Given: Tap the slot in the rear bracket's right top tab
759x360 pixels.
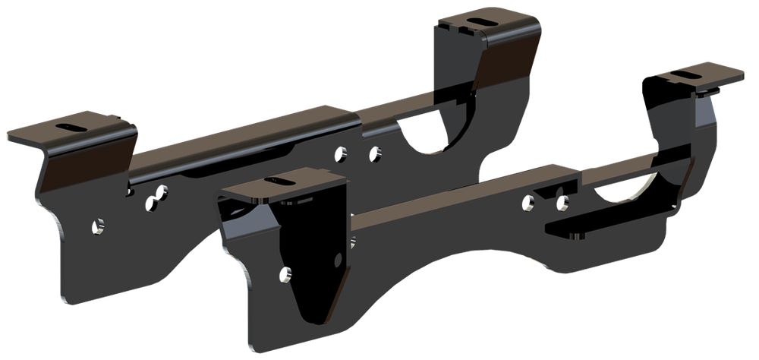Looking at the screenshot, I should point(480,20).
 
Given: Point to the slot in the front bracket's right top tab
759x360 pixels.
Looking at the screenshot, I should point(685,74).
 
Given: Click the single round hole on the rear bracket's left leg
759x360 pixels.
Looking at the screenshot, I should point(98,226).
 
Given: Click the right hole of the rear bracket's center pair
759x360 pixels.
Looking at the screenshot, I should point(373,154).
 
